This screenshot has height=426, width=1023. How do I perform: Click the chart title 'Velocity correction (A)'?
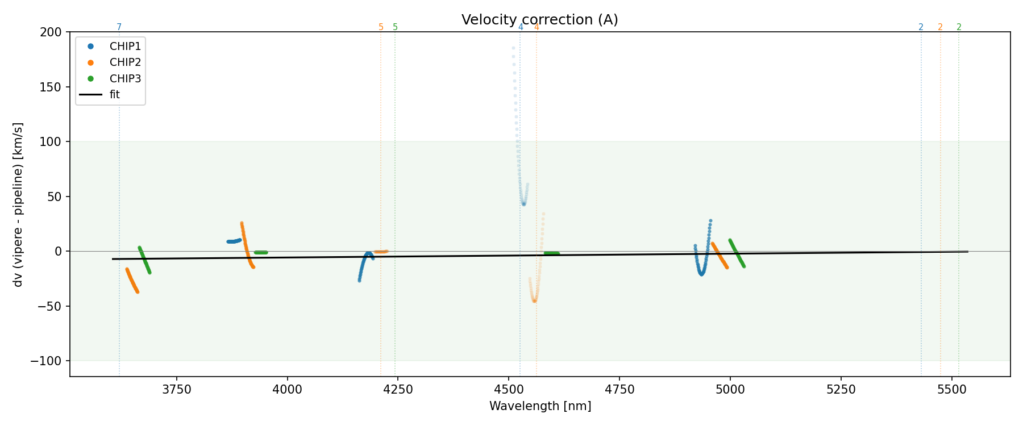(x=539, y=20)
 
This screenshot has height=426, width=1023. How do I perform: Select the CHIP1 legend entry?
(x=125, y=47)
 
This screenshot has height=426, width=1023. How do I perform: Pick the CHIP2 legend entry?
(x=125, y=62)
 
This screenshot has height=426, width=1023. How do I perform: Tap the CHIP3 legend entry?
(x=125, y=78)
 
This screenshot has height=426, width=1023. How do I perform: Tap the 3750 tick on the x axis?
(x=177, y=390)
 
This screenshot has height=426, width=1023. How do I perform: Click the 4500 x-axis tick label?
(x=509, y=390)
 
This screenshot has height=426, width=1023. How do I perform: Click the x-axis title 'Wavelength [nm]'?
(x=540, y=406)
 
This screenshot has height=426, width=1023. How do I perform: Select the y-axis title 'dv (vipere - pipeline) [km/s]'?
(x=18, y=204)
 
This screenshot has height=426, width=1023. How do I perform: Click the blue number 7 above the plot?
(x=119, y=27)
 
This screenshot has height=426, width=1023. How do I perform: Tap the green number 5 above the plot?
(x=395, y=27)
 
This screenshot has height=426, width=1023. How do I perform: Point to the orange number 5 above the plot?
(x=381, y=27)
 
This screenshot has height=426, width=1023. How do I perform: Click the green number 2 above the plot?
(x=959, y=27)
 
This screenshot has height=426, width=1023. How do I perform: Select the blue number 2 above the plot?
(x=921, y=27)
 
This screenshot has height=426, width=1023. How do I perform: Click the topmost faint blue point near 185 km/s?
(x=513, y=48)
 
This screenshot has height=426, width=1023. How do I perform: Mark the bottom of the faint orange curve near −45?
(x=534, y=300)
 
